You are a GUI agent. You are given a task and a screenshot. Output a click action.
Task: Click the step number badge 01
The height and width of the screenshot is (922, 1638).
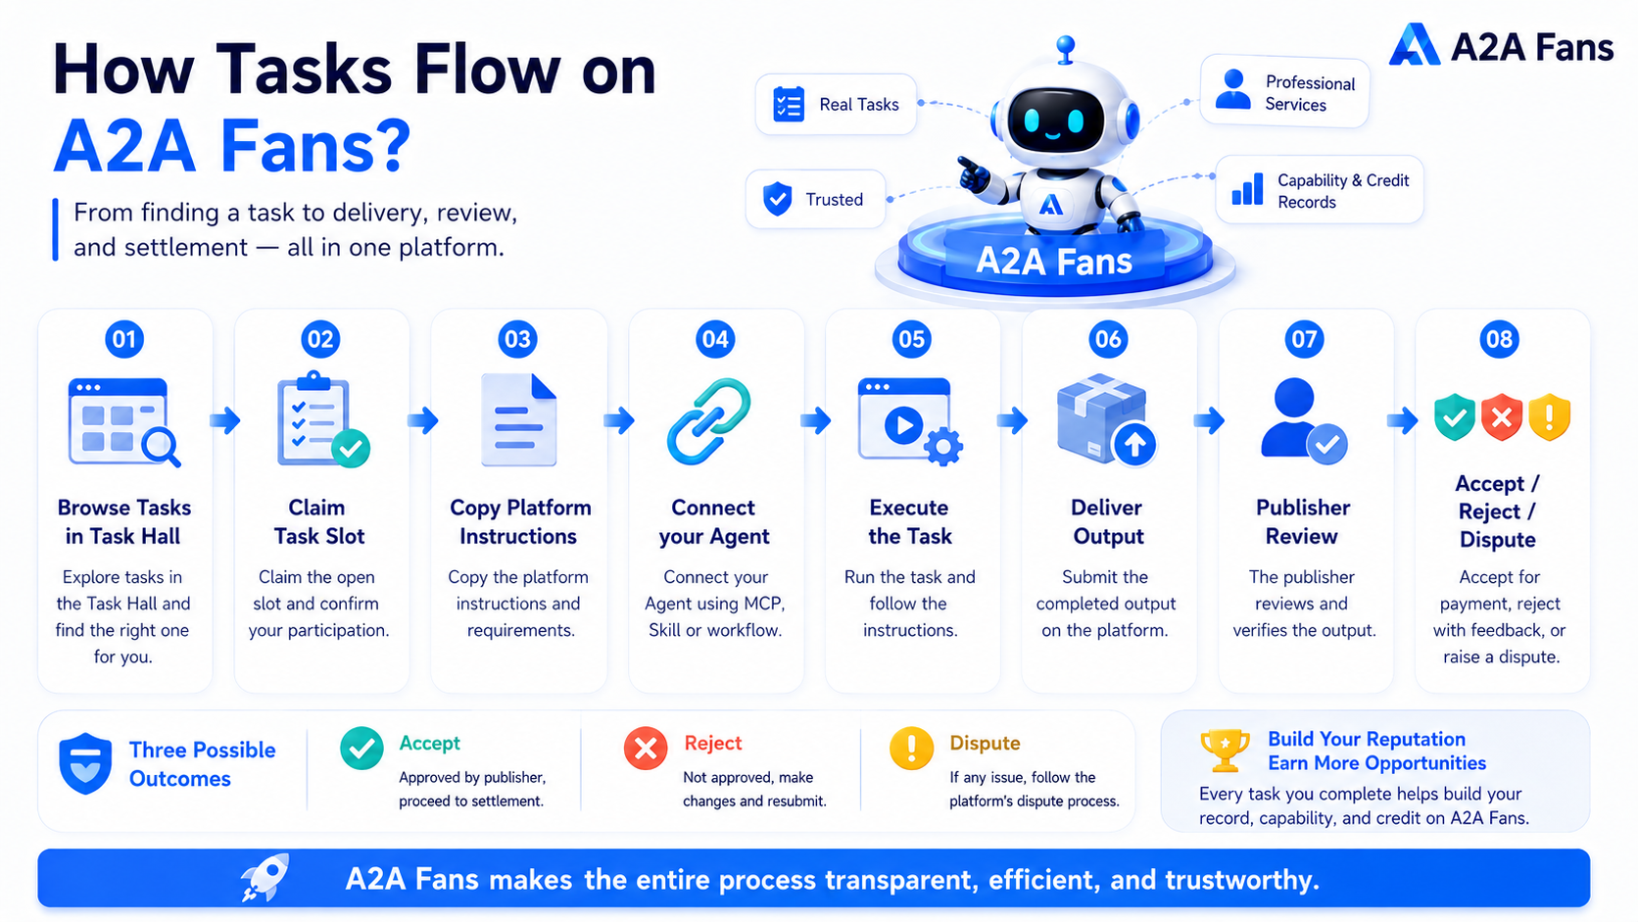click(x=124, y=339)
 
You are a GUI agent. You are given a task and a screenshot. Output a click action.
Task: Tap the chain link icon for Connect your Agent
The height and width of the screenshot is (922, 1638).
click(x=708, y=421)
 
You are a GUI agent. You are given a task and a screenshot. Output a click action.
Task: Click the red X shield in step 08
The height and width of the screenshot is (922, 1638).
click(x=1501, y=416)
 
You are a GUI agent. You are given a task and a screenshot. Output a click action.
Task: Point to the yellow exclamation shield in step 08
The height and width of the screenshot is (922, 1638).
click(x=1550, y=416)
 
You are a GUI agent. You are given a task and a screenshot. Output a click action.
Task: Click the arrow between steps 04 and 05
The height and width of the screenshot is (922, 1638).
click(x=815, y=420)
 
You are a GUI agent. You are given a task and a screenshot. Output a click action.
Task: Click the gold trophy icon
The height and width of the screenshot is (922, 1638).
click(x=1225, y=751)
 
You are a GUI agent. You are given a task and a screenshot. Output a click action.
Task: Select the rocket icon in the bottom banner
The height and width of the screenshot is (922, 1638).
click(x=265, y=877)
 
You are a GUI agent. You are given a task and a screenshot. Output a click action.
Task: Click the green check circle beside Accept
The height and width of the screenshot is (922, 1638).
click(x=361, y=748)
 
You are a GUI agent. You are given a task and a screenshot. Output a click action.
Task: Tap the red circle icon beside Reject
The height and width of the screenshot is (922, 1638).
click(x=645, y=748)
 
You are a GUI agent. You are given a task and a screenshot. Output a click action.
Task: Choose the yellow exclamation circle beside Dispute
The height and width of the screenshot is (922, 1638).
click(x=911, y=748)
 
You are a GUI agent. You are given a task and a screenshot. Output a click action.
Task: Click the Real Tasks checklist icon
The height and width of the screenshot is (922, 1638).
click(x=789, y=105)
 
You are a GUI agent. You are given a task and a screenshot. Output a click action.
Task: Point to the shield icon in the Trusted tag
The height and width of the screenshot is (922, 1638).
click(x=777, y=199)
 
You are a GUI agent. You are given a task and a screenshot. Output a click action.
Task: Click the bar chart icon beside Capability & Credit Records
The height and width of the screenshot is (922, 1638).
click(x=1247, y=189)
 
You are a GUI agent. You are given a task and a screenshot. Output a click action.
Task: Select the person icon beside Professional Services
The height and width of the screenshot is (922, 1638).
click(x=1233, y=89)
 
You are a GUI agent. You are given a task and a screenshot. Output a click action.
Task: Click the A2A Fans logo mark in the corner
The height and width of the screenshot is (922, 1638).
click(x=1415, y=45)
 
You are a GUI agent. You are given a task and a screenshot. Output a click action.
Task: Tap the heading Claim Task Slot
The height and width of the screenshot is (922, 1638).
click(x=318, y=521)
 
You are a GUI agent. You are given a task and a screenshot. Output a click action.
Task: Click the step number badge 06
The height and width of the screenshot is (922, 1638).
click(x=1108, y=339)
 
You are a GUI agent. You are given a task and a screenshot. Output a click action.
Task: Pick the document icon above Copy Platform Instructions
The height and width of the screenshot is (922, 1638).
click(x=518, y=419)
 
